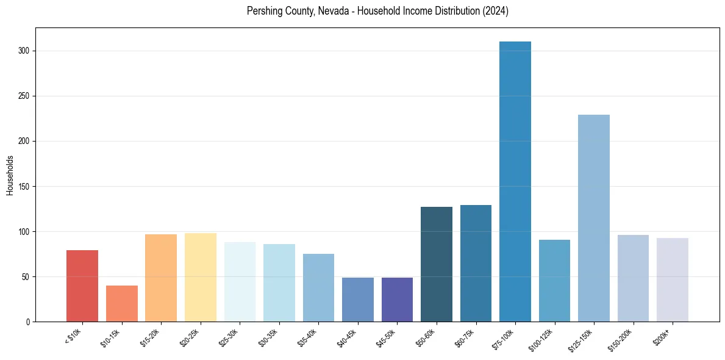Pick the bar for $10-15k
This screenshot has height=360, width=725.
pyautogui.click(x=122, y=303)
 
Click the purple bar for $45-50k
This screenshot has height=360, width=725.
pyautogui.click(x=397, y=300)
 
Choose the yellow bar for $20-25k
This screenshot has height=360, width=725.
pyautogui.click(x=201, y=277)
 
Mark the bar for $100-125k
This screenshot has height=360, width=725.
pyautogui.click(x=554, y=281)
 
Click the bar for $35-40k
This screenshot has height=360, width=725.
pyautogui.click(x=318, y=287)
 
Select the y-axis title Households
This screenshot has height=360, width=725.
pyautogui.click(x=10, y=175)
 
